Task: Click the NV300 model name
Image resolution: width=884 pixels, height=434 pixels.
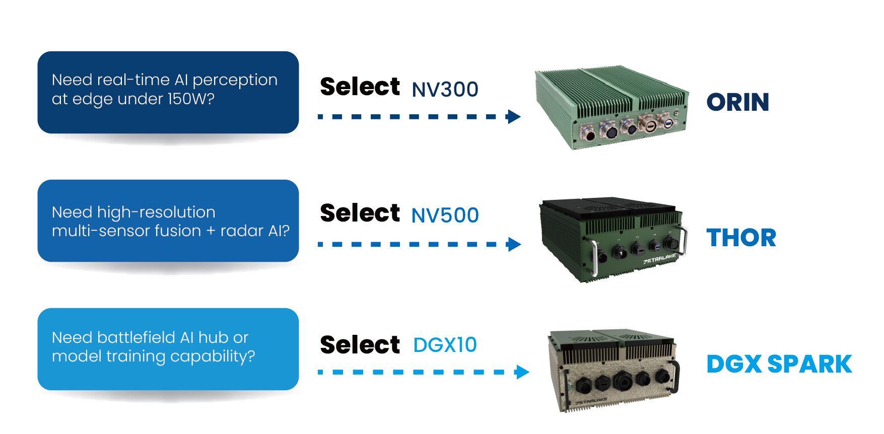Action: [x=445, y=90]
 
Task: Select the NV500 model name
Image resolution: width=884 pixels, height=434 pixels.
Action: [x=445, y=215]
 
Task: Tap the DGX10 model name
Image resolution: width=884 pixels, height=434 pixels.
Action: [x=445, y=345]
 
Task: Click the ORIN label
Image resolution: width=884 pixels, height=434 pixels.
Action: [x=737, y=103]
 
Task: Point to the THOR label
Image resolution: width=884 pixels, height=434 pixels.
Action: [x=741, y=238]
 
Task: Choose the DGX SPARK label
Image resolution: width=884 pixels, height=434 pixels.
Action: [x=779, y=365]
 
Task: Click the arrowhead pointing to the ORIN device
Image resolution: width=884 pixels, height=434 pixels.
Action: [x=514, y=117]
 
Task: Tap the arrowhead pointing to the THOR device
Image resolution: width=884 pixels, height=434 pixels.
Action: [x=514, y=245]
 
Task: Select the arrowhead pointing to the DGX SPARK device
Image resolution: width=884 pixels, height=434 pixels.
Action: [x=522, y=373]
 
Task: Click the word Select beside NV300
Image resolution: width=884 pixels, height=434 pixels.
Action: [x=360, y=87]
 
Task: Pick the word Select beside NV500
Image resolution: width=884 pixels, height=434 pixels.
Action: [x=360, y=213]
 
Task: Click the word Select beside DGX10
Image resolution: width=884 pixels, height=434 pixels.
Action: [x=360, y=345]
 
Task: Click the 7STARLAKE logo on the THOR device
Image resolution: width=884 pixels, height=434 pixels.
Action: [x=659, y=259]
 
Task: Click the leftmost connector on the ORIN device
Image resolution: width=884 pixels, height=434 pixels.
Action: [x=588, y=134]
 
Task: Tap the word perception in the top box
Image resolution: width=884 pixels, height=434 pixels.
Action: [x=235, y=81]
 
